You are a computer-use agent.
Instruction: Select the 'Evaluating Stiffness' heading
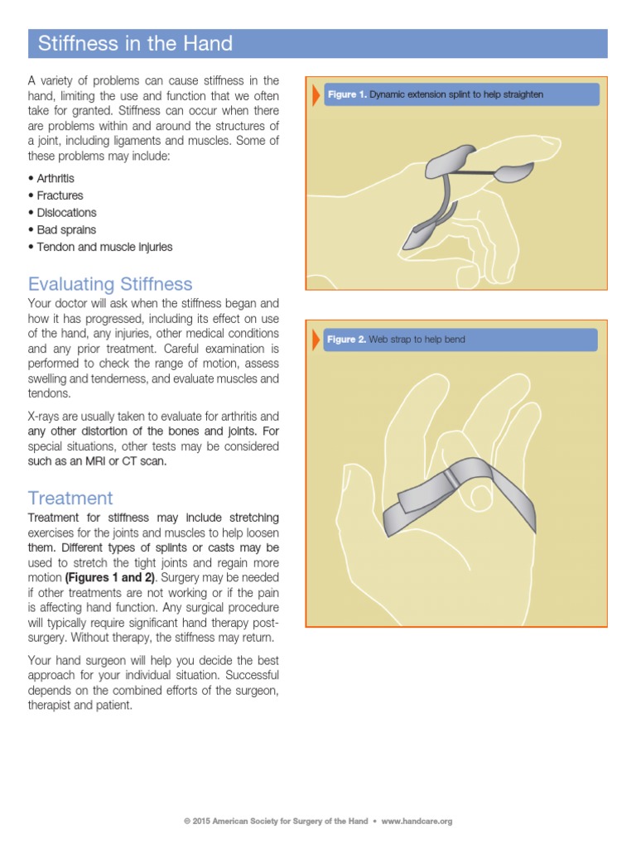coord(110,284)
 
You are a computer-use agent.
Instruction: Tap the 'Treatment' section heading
coord(70,498)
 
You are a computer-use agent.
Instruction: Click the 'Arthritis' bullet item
coord(55,178)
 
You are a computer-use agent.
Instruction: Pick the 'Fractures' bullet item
coord(60,195)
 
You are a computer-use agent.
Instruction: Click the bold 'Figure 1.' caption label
coord(346,94)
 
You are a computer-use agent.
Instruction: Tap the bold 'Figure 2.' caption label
coord(346,340)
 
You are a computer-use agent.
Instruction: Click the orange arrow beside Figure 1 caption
coord(316,94)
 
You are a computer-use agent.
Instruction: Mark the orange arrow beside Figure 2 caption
coord(316,340)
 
